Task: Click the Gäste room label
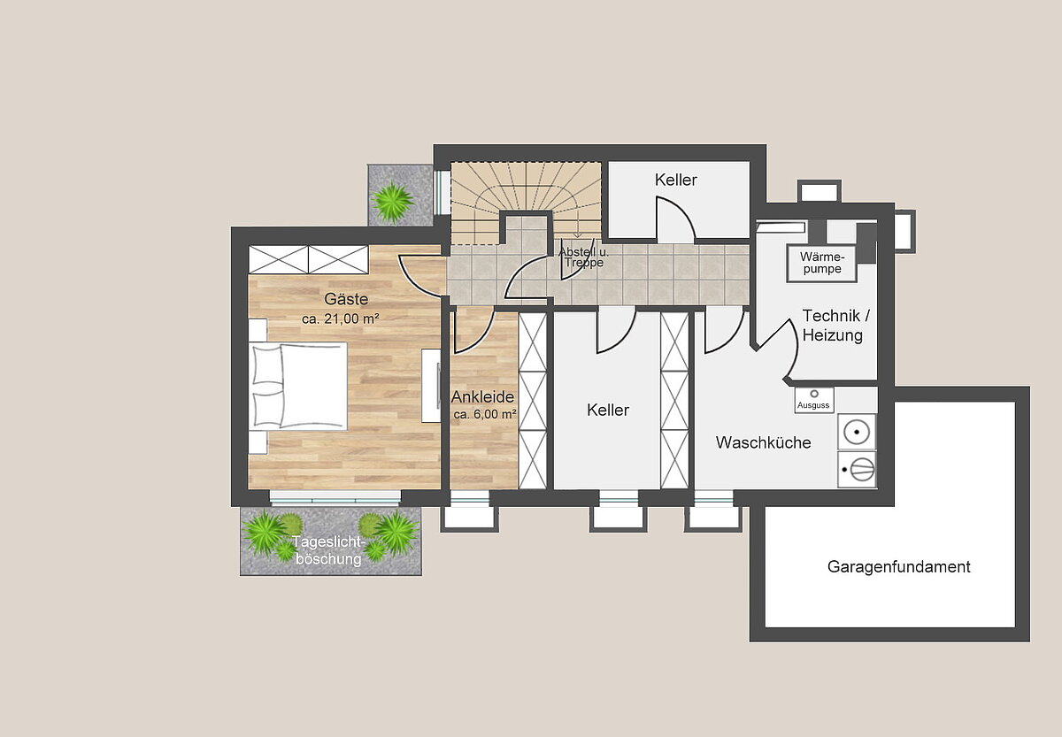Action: click(346, 299)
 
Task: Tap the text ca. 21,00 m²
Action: click(341, 319)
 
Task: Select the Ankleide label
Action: click(482, 396)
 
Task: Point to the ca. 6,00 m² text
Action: click(485, 414)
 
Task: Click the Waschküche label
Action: click(763, 442)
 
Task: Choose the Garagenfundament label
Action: click(899, 567)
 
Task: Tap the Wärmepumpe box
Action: click(821, 264)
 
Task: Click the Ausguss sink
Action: click(814, 400)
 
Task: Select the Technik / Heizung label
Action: click(835, 325)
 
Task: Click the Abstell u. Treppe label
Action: click(583, 257)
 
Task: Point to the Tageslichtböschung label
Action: click(328, 550)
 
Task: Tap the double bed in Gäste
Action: click(298, 387)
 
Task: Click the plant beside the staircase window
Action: click(392, 201)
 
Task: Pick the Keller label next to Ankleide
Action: click(608, 410)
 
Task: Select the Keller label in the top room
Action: click(675, 180)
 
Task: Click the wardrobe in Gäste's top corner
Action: click(309, 259)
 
